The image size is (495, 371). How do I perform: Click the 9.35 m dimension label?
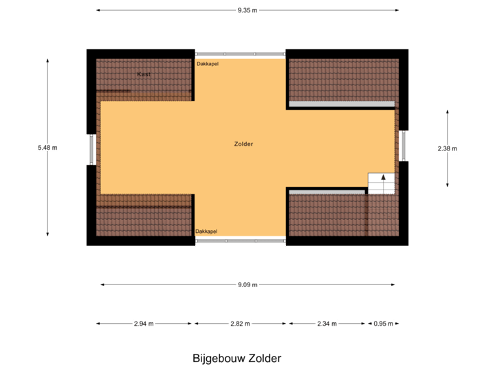(x=247, y=10)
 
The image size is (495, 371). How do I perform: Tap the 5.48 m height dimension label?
(x=47, y=147)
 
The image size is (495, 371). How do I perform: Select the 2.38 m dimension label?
(x=448, y=148)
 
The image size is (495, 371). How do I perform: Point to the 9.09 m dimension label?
(x=247, y=284)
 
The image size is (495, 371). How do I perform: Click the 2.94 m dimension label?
(x=144, y=324)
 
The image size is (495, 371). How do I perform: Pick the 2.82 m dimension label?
(x=240, y=324)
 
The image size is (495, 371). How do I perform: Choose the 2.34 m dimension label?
(x=327, y=324)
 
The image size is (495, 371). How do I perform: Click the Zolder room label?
(x=243, y=144)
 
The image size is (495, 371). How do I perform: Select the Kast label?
(x=144, y=74)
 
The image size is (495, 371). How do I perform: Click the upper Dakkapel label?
(x=208, y=64)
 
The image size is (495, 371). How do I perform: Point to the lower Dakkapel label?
(x=206, y=232)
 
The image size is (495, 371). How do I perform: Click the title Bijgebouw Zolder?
(x=237, y=358)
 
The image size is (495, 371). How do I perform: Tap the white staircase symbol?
(x=382, y=183)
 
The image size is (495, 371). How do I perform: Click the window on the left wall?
(x=91, y=149)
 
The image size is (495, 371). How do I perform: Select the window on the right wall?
(x=404, y=146)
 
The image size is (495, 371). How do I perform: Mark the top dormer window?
(x=240, y=53)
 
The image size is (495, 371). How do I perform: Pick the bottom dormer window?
(x=240, y=241)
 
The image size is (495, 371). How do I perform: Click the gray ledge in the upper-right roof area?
(x=342, y=104)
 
